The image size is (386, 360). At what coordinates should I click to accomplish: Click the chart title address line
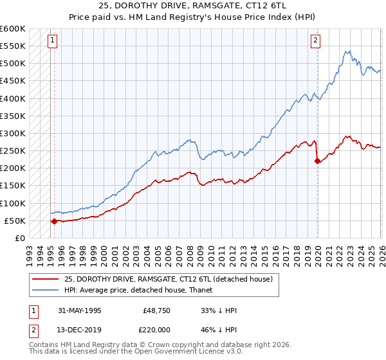click(193, 5)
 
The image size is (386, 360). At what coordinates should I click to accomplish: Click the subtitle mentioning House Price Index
click(193, 16)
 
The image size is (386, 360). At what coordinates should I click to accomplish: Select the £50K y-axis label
click(15, 221)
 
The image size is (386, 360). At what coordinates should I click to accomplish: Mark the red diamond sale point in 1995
click(54, 221)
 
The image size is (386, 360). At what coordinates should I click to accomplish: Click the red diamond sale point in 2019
click(317, 161)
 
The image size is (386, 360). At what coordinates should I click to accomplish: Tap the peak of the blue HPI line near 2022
click(347, 51)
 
